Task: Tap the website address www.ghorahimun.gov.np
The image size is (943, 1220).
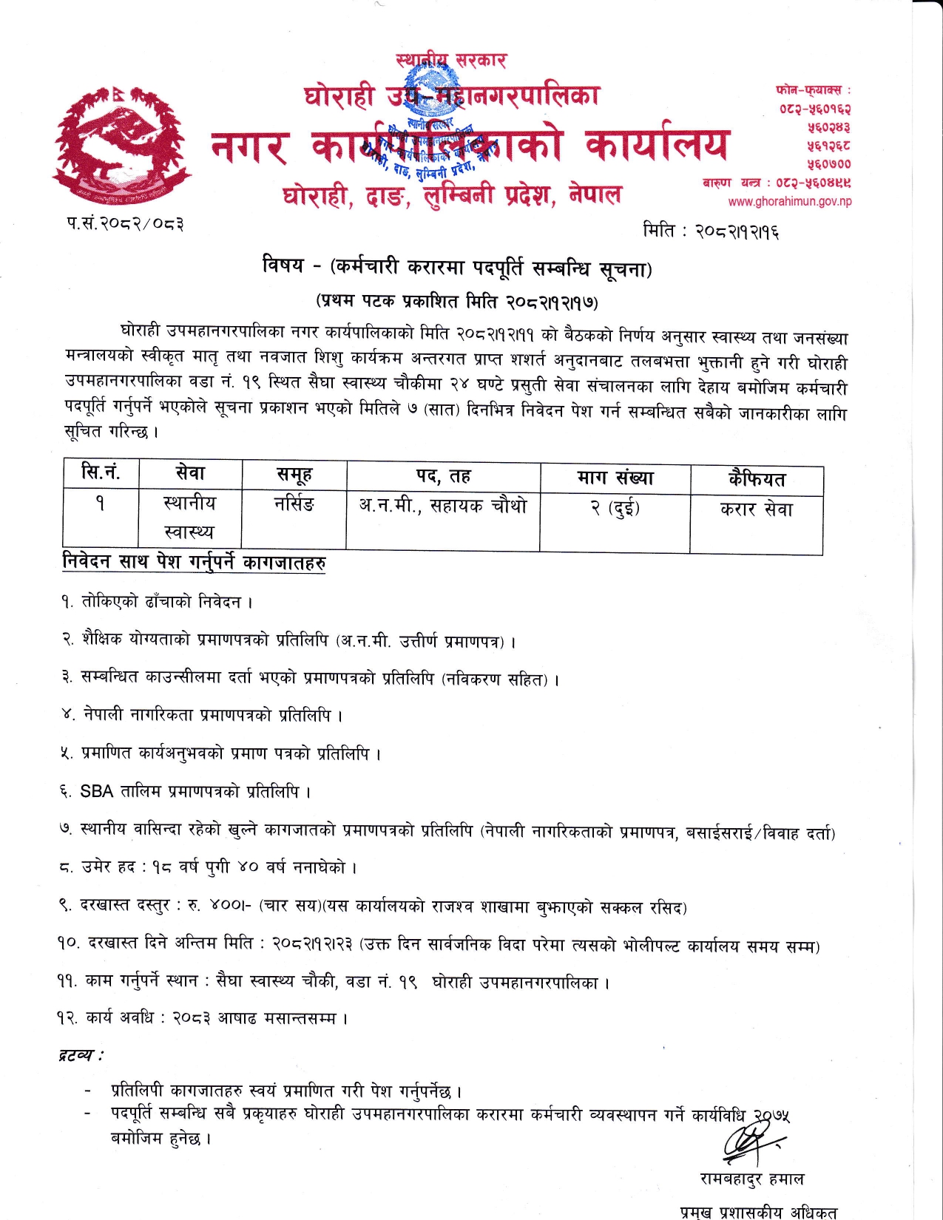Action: pyautogui.click(x=789, y=201)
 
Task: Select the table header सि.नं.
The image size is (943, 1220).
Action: pyautogui.click(x=101, y=473)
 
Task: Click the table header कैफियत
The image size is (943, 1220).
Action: pyautogui.click(x=756, y=480)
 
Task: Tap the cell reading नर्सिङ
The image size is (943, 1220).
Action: pyautogui.click(x=294, y=505)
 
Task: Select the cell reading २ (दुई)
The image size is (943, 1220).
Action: pyautogui.click(x=615, y=509)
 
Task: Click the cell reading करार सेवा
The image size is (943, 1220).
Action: pyautogui.click(x=756, y=509)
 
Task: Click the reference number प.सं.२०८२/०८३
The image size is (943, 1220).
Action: pyautogui.click(x=124, y=223)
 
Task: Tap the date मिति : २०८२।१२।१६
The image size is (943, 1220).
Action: pyautogui.click(x=711, y=231)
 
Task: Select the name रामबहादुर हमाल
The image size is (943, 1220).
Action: pyautogui.click(x=751, y=1179)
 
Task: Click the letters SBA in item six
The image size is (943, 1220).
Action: pyautogui.click(x=96, y=792)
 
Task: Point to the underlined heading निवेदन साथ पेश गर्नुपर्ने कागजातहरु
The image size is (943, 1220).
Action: pyautogui.click(x=194, y=563)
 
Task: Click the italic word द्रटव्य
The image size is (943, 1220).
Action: pyautogui.click(x=80, y=1054)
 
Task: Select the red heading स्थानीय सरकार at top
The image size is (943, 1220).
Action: pyautogui.click(x=451, y=60)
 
